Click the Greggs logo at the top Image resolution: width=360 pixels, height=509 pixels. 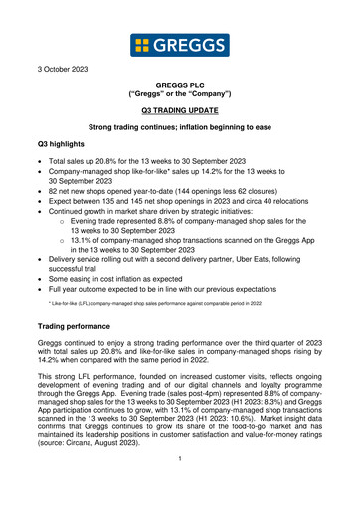[179, 46]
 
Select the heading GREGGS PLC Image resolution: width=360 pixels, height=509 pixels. [180, 89]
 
